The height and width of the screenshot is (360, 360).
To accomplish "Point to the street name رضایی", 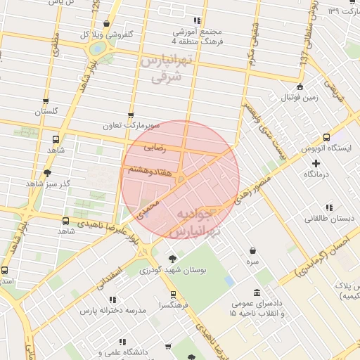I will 155,148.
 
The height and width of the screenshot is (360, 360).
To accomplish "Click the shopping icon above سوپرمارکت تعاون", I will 130,115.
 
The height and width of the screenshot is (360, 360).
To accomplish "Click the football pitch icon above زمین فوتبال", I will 300,87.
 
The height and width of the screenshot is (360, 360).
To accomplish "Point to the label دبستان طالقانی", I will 328,218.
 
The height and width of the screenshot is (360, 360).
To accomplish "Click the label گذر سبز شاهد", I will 49,183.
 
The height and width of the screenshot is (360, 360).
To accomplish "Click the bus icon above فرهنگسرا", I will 172,295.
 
